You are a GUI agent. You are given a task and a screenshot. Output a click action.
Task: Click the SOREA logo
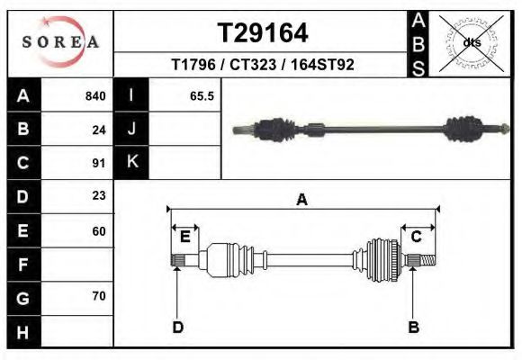[x=61, y=43]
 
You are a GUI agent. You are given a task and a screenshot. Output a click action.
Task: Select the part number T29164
[x=263, y=33]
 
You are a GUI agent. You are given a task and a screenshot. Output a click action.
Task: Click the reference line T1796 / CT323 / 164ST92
[x=263, y=65]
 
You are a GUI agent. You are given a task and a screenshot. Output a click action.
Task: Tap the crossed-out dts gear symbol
[x=471, y=42]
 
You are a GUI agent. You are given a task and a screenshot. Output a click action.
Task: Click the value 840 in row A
[x=95, y=96]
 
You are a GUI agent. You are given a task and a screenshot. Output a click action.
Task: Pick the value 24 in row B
[x=99, y=130]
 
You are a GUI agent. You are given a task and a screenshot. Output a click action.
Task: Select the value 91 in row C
[x=99, y=163]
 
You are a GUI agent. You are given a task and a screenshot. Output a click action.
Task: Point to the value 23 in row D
[x=99, y=195]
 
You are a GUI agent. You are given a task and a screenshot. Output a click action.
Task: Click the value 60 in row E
[x=99, y=231]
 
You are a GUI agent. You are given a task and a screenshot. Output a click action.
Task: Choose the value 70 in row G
[x=99, y=296]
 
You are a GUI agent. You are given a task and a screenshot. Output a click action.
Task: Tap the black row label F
[x=22, y=265]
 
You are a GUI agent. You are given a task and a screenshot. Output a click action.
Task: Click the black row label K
[x=131, y=163]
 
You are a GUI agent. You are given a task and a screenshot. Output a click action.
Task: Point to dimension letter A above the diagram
[x=302, y=200]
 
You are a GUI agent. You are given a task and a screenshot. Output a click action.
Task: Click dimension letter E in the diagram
[x=184, y=237]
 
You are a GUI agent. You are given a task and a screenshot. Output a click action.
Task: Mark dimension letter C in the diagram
[x=417, y=237]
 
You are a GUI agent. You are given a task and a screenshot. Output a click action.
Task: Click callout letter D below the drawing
[x=177, y=327]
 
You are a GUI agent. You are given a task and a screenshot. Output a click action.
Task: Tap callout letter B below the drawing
[x=414, y=327]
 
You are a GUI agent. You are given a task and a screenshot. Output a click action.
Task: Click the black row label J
[x=131, y=130]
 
